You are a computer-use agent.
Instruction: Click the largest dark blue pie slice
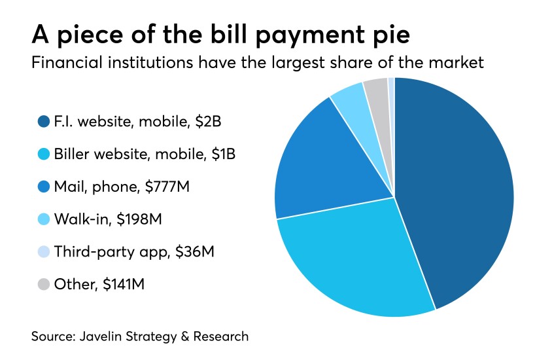click(x=458, y=190)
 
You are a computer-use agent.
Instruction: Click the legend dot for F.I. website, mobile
click(x=44, y=121)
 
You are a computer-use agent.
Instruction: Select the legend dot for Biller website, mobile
click(x=44, y=154)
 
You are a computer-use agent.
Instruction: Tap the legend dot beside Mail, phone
click(x=44, y=187)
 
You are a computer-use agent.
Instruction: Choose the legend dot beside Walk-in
click(x=44, y=219)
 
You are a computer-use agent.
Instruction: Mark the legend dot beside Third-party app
click(x=44, y=251)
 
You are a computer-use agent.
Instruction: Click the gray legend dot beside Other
click(x=44, y=284)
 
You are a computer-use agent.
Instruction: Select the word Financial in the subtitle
click(x=64, y=63)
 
